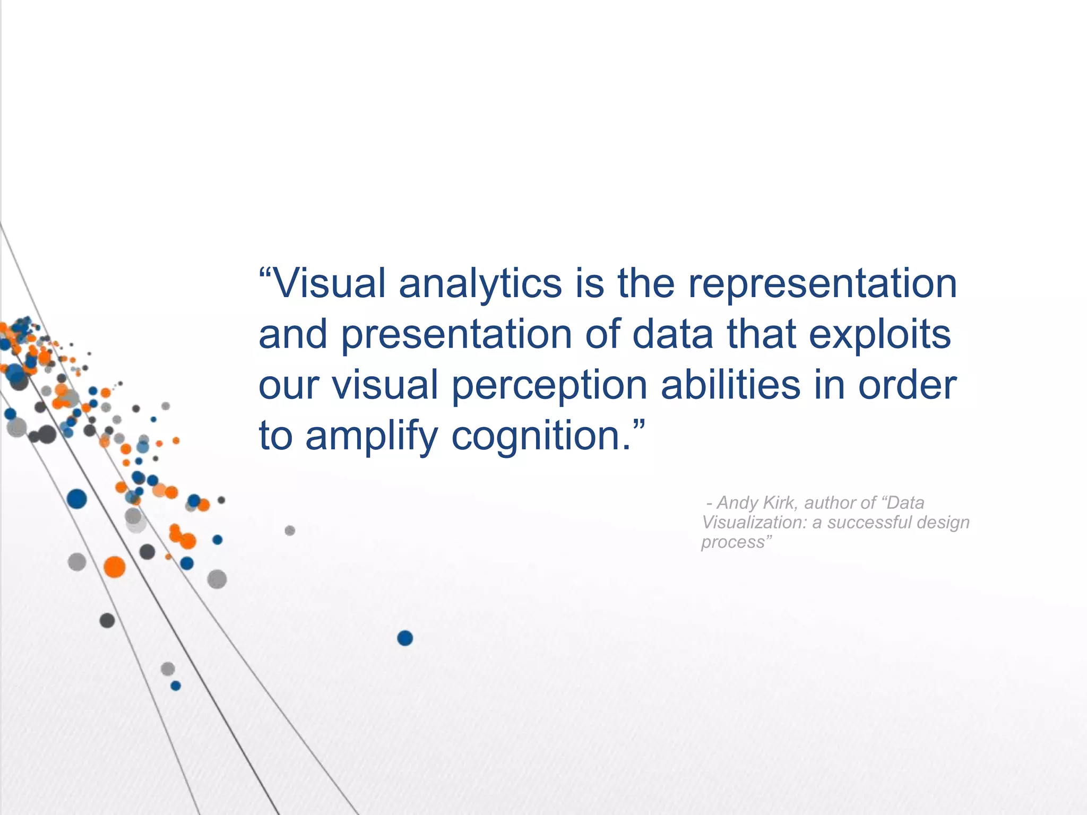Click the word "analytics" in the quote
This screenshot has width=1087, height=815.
pyautogui.click(x=480, y=284)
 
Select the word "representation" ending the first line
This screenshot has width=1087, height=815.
pyautogui.click(x=823, y=284)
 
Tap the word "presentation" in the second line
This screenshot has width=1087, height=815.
pyautogui.click(x=456, y=335)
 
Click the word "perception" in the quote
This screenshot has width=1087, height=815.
pyautogui.click(x=549, y=386)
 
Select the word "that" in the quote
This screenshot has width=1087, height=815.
pyautogui.click(x=762, y=334)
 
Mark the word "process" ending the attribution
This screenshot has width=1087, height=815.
pyautogui.click(x=732, y=543)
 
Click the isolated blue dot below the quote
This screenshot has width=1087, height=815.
pyautogui.click(x=405, y=638)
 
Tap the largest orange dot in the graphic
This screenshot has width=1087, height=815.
pyautogui.click(x=114, y=567)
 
